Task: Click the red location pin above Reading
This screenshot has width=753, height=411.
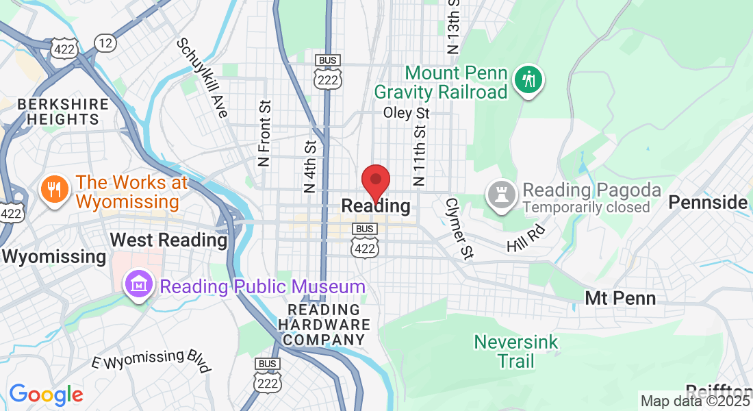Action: point(375,180)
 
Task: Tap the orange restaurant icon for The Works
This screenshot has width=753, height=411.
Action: point(53,190)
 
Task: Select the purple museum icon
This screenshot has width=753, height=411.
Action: point(138,286)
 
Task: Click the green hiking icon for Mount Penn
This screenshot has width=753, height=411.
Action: point(528,80)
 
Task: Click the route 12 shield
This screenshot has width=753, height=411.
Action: point(105,43)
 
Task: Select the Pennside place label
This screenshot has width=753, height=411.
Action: point(708,202)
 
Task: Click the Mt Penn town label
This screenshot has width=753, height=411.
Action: point(620,298)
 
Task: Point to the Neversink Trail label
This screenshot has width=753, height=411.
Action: point(516,351)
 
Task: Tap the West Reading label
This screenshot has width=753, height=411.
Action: point(168,240)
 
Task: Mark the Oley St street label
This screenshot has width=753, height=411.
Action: point(406,112)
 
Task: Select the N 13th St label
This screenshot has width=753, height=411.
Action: point(452,27)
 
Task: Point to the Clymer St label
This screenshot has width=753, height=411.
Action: point(459,229)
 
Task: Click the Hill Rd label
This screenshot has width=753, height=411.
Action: point(526,236)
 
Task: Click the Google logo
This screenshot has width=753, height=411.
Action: point(46,395)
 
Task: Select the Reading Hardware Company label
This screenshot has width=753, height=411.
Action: point(324,325)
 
